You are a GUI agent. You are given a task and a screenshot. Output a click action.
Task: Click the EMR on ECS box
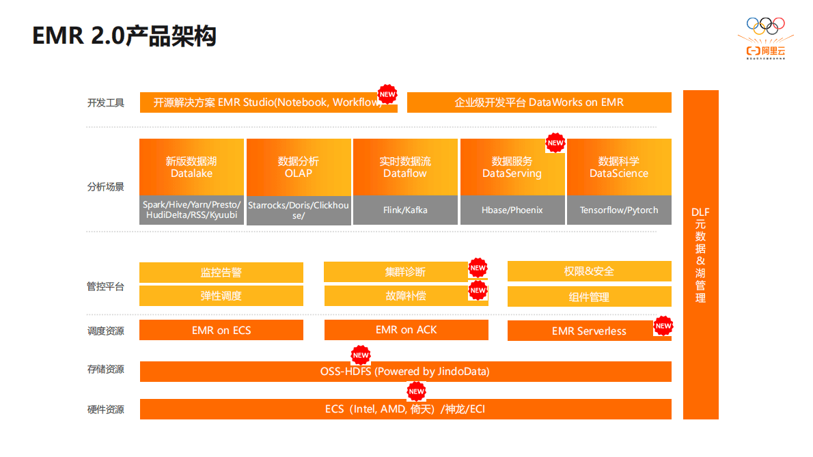tap(221, 330)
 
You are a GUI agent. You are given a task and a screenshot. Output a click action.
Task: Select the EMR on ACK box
tap(406, 330)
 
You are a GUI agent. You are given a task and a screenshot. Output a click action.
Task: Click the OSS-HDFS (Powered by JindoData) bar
tap(405, 372)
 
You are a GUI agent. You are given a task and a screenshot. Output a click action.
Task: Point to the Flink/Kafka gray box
tap(405, 210)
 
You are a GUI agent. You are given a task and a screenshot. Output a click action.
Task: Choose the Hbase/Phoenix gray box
tap(512, 210)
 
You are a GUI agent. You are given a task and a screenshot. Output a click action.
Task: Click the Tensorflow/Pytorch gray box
tap(619, 210)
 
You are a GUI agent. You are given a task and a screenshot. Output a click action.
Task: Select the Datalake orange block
tap(191, 167)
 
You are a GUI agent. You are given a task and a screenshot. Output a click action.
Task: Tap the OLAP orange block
tap(299, 167)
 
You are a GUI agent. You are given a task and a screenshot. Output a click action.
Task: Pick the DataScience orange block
tap(619, 167)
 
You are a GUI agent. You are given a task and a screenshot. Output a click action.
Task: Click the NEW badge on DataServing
tap(555, 143)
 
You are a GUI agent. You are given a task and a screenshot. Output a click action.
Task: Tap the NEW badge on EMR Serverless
tap(663, 327)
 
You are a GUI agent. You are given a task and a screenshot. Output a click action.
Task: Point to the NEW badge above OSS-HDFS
tap(361, 355)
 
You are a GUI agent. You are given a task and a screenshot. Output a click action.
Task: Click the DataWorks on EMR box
tap(539, 102)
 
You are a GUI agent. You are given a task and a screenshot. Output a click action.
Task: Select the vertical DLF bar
tap(700, 254)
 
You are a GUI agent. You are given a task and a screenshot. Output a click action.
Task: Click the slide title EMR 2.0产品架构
tap(124, 36)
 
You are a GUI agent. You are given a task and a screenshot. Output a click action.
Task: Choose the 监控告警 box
tap(221, 273)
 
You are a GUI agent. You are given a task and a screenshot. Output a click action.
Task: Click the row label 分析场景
tap(106, 186)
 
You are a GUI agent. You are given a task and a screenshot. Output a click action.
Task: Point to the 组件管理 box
tap(589, 297)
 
